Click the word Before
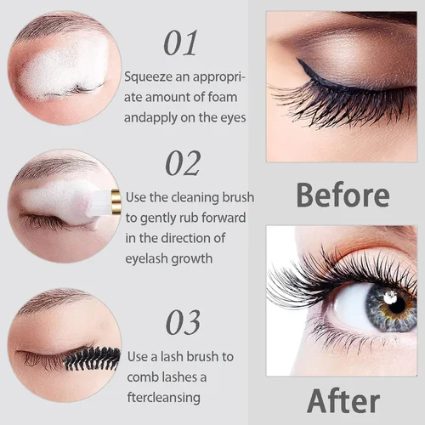[343, 194]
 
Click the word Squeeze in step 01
[146, 76]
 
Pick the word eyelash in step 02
[151, 259]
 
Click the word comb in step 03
[142, 377]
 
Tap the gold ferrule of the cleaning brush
[116, 201]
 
